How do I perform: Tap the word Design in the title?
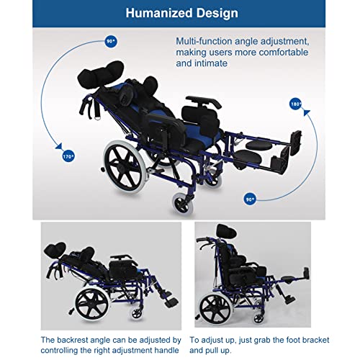pos(215,12)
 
